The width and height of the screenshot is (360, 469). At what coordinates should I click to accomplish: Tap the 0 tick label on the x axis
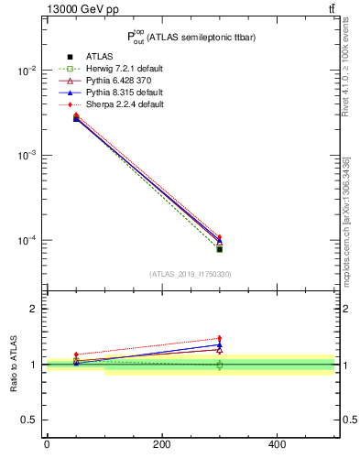[46, 444]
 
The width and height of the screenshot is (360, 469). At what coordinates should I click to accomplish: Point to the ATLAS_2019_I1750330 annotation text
[190, 274]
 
